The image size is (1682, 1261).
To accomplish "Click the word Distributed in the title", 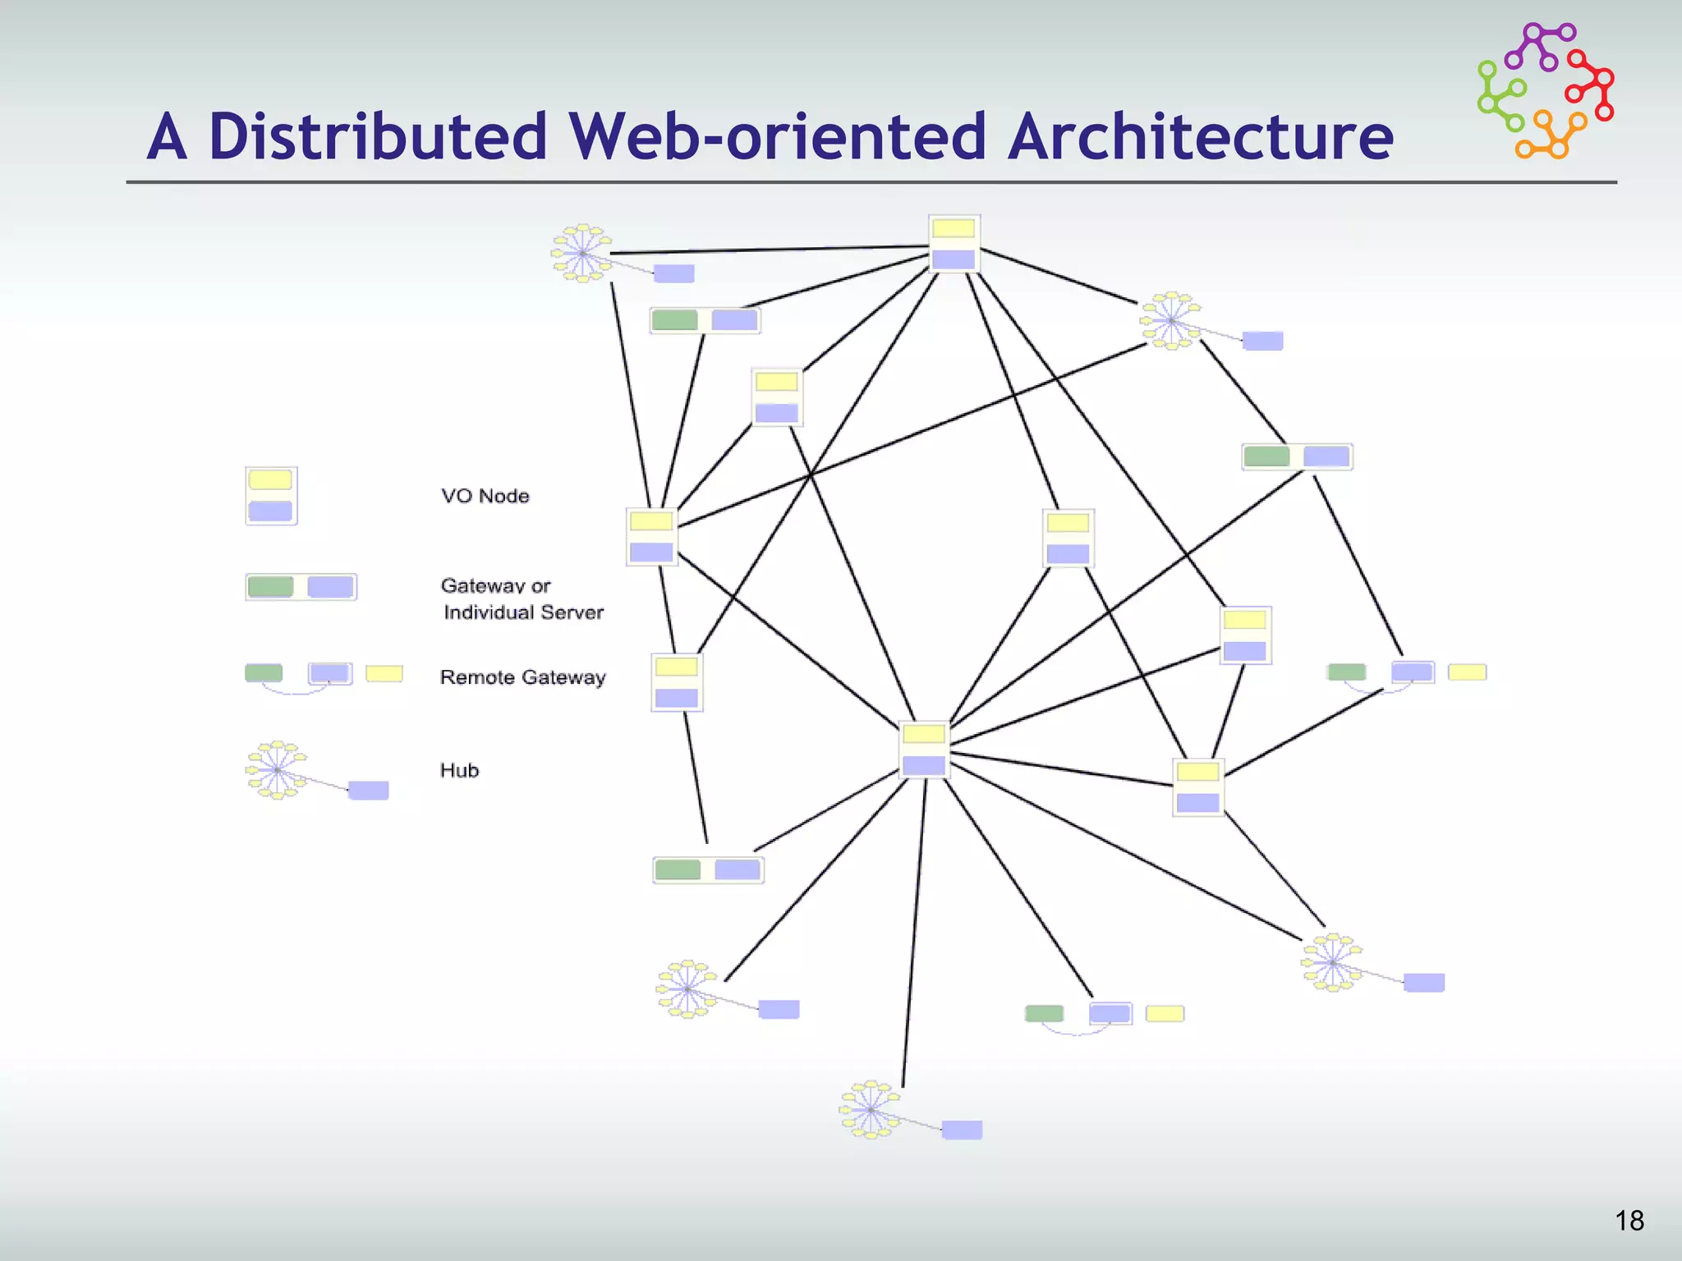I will pyautogui.click(x=378, y=136).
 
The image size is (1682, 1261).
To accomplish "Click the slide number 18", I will pyautogui.click(x=1629, y=1221).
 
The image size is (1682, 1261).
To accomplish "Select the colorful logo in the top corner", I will pyautogui.click(x=1546, y=90).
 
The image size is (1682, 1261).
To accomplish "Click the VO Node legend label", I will pyautogui.click(x=485, y=496).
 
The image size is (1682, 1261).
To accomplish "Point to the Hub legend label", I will pyautogui.click(x=459, y=770).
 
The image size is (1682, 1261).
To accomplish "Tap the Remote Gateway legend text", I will pyautogui.click(x=522, y=677).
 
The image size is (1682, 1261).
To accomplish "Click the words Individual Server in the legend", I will pyautogui.click(x=523, y=612).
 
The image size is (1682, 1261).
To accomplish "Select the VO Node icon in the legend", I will pyautogui.click(x=271, y=496).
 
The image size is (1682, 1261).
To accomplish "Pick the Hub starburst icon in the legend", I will pyautogui.click(x=277, y=770).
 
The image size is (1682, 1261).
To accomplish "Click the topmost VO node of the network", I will pyautogui.click(x=954, y=244).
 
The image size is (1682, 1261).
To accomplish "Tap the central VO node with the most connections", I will pyautogui.click(x=924, y=750).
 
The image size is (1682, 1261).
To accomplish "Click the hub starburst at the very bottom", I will pyautogui.click(x=871, y=1110).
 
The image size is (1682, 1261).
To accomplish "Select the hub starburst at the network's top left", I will pyautogui.click(x=581, y=253).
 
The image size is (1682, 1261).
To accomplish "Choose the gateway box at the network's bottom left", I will pyautogui.click(x=708, y=869).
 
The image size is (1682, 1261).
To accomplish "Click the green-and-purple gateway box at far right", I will pyautogui.click(x=1297, y=456).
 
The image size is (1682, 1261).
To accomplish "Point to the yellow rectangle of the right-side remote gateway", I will pyautogui.click(x=1467, y=672).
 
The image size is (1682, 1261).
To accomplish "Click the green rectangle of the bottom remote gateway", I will pyautogui.click(x=1044, y=1014).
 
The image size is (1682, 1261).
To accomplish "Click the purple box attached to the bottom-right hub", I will pyautogui.click(x=1423, y=983).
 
